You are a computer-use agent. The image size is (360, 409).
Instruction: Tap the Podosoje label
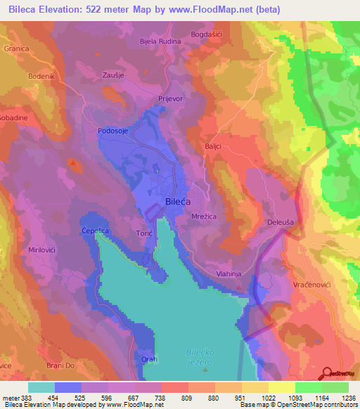[x=112, y=131]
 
